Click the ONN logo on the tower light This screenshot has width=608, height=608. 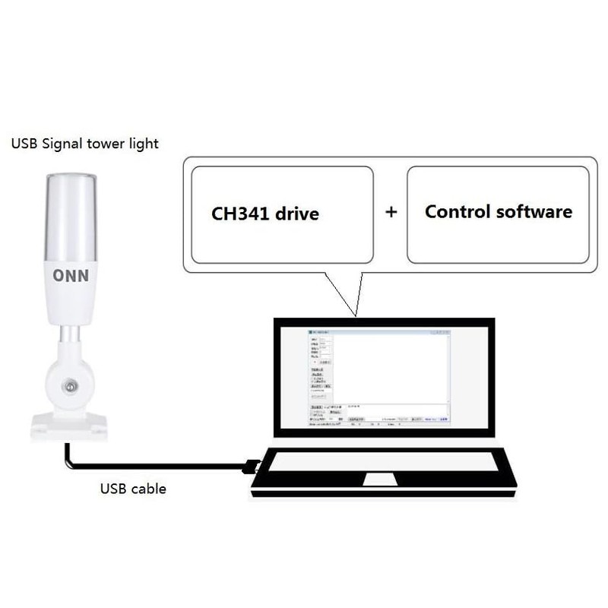coord(71,275)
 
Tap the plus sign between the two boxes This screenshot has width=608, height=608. coord(391,212)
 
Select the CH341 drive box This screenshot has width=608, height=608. coord(282,214)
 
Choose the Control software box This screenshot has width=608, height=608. coord(498,214)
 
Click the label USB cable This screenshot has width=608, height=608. coord(133,489)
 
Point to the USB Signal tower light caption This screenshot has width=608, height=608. coord(84,144)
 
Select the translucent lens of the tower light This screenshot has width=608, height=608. coord(71,217)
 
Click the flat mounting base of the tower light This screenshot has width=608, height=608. coord(69,426)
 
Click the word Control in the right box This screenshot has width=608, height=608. coord(458,211)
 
